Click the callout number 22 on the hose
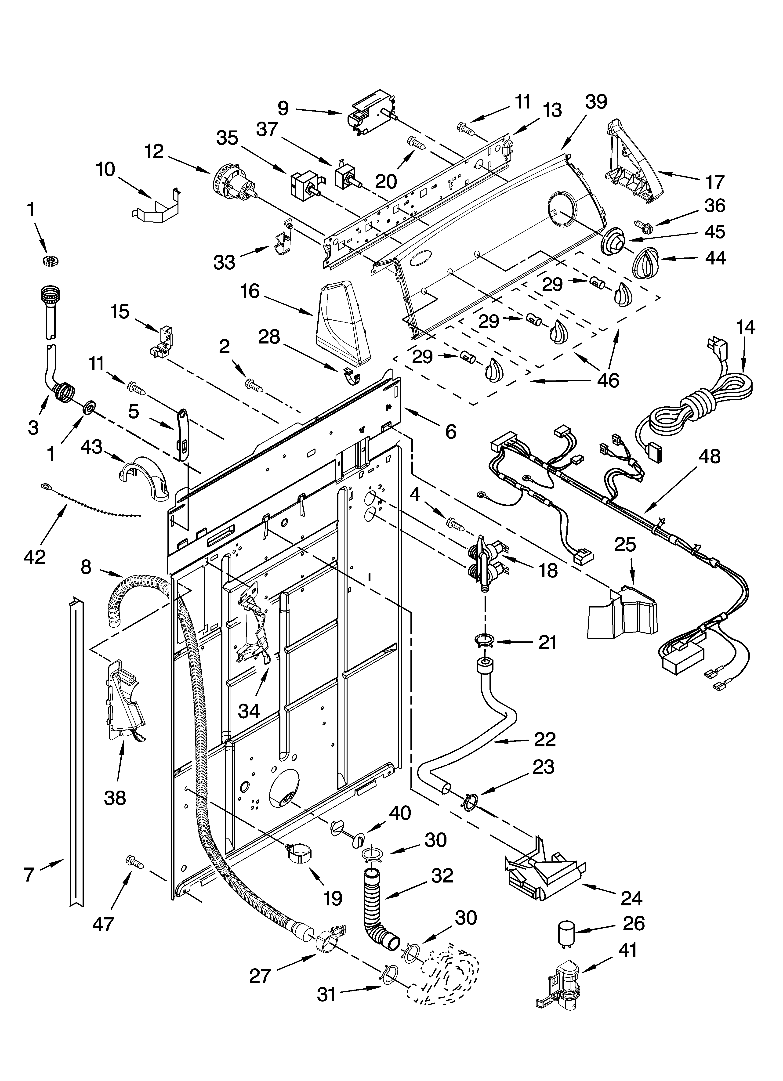click(x=545, y=739)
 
